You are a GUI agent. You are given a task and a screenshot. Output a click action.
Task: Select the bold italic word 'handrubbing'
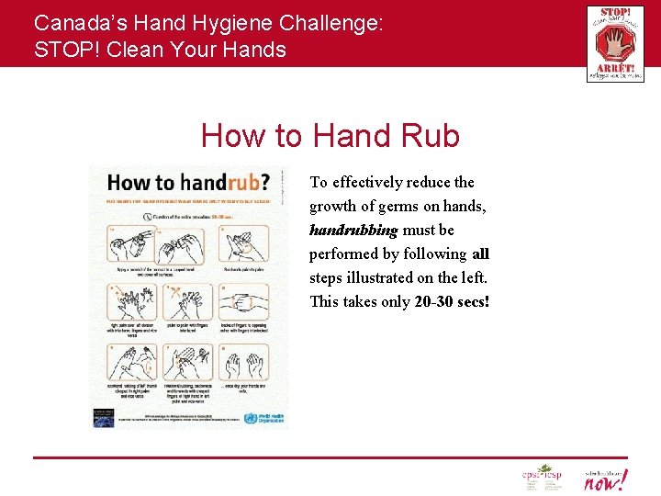[x=353, y=230]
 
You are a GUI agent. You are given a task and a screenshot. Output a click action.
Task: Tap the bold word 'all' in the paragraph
[x=480, y=254]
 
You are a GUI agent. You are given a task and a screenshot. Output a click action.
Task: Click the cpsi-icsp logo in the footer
[x=541, y=477]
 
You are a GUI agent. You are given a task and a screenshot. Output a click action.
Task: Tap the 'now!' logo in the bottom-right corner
[x=606, y=478]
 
